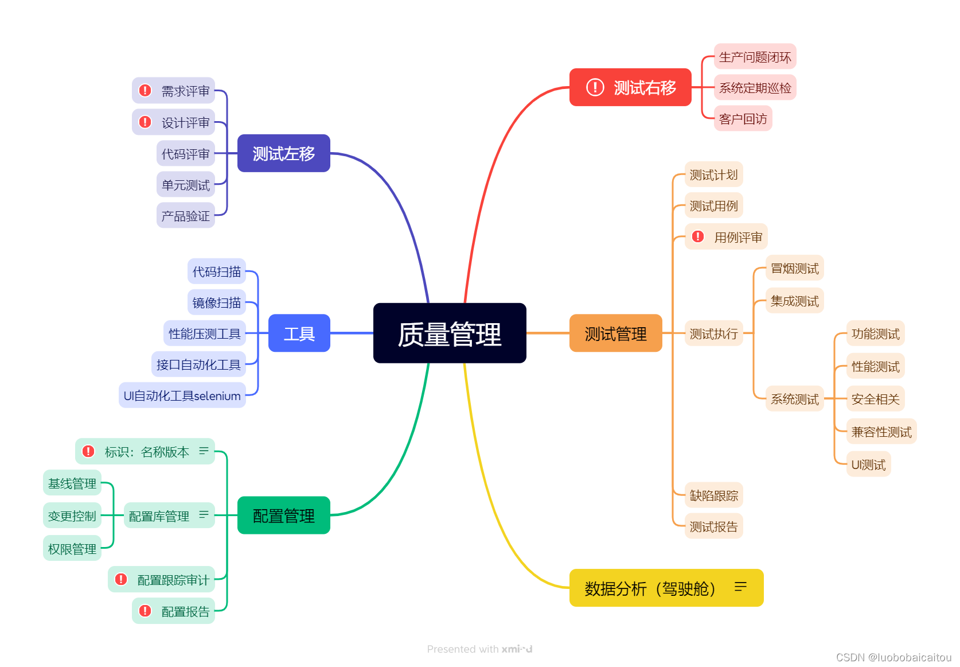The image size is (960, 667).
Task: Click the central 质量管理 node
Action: [x=450, y=333]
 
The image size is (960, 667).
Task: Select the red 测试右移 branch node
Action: [x=630, y=87]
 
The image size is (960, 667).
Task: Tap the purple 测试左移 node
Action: [x=283, y=153]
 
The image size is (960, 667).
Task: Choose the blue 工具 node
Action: [x=299, y=333]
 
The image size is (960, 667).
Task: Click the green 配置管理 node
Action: [x=283, y=515]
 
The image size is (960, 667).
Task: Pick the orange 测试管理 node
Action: [x=615, y=333]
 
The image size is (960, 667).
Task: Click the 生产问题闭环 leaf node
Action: [x=755, y=57]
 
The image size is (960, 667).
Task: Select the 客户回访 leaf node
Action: [x=743, y=119]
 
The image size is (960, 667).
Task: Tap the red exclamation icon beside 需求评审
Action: [x=145, y=91]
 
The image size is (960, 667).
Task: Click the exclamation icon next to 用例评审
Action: [x=698, y=236]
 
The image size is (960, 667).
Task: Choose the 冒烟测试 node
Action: [x=794, y=268]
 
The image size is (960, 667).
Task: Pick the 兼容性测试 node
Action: [x=881, y=432]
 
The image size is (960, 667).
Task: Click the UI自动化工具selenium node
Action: [x=182, y=395]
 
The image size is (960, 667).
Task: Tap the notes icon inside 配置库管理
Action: [x=204, y=515]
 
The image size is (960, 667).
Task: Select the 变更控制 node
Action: [x=72, y=515]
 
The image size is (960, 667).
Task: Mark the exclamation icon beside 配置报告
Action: [x=145, y=611]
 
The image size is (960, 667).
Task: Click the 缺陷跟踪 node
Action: [x=713, y=495]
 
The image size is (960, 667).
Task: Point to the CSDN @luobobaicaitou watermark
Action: [x=893, y=657]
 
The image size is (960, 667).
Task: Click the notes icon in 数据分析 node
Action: [x=740, y=587]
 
